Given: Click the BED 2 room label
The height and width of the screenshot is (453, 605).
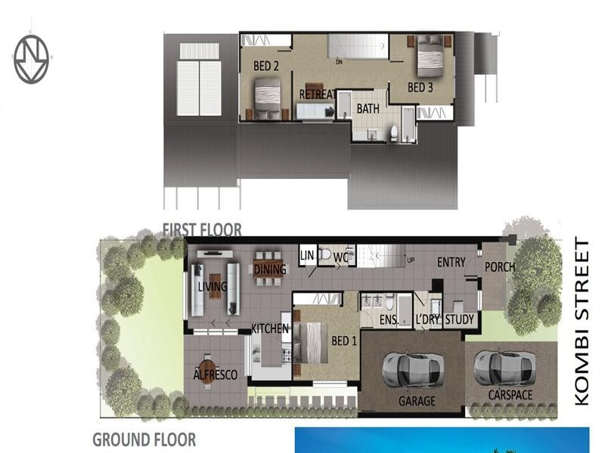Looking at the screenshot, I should coord(266,66).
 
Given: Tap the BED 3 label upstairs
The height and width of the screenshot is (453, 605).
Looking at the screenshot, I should coord(420,88).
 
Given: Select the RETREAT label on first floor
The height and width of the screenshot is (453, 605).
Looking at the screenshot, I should coord(317,94).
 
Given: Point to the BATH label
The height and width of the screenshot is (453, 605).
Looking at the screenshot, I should coord(368,109).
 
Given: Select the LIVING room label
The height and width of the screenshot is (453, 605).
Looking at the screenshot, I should coord(213,287).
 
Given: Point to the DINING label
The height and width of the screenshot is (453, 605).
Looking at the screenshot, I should coord(270,270).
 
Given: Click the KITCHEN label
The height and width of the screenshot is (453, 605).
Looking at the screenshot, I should coord(270,328).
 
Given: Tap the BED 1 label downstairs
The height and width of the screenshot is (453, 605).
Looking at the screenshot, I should coord(345,341).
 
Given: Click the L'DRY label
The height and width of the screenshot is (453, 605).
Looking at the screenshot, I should coord(427,320).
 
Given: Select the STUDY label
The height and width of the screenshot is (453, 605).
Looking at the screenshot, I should coord(459,320).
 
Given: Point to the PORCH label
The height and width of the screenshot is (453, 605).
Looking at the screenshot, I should coord(500,266).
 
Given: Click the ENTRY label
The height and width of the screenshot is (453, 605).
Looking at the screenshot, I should coord(451,262).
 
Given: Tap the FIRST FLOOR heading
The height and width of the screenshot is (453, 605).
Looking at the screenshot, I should coord(202,230).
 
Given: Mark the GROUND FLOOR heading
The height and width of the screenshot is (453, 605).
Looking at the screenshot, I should coord(144,439).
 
